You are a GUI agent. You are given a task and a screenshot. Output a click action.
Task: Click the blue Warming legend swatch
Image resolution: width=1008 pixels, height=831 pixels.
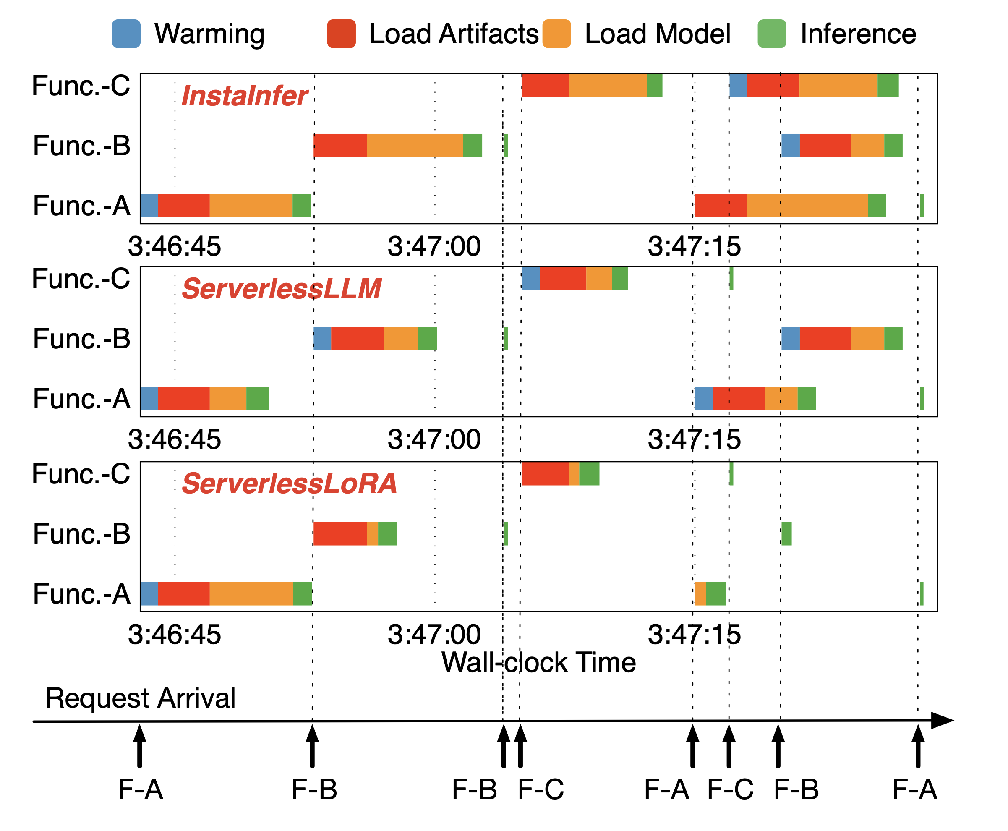coord(126,34)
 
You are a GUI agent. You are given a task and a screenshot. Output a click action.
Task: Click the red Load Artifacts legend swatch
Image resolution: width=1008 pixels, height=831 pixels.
coord(341,34)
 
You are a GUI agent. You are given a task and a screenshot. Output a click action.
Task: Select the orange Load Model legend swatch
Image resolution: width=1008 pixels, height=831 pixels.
coord(556,34)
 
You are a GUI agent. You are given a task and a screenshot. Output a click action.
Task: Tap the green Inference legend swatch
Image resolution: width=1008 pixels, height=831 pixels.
coord(772,34)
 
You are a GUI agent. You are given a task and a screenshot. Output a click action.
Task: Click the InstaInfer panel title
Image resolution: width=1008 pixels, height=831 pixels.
coord(244,96)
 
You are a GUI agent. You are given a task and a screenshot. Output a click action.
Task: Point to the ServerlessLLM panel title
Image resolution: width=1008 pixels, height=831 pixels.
coord(282,289)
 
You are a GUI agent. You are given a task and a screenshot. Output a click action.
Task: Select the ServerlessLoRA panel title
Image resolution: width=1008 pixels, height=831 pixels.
coord(289,483)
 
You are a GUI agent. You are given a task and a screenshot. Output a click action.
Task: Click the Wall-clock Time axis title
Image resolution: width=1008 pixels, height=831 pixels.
coord(538,663)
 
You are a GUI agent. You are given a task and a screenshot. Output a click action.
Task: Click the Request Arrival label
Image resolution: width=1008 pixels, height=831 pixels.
coord(140,698)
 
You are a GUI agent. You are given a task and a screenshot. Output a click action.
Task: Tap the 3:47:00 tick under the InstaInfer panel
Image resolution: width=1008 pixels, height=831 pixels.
coord(434,246)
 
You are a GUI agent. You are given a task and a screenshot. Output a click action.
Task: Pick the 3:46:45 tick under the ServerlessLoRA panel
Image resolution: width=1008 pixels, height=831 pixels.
coord(174,635)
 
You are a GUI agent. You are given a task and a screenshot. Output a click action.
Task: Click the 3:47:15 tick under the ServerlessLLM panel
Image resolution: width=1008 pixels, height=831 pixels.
coord(694,439)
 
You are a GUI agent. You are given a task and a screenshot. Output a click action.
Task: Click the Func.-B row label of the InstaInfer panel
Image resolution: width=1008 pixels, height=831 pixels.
coord(81,146)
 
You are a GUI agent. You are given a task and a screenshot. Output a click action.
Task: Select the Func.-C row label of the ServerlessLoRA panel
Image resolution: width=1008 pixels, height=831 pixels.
coord(81,474)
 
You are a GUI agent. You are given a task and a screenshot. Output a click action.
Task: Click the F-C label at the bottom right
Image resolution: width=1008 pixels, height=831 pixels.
coord(730,789)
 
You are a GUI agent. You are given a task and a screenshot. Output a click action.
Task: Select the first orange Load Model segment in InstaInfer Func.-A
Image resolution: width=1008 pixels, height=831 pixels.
coord(251,206)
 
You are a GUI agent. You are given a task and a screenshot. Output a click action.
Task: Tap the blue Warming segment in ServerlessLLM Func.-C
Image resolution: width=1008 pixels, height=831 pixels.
coord(530,279)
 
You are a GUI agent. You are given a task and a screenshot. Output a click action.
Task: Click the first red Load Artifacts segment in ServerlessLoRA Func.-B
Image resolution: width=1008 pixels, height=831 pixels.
coord(340,534)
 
